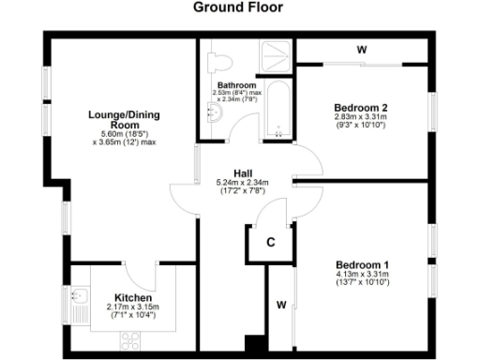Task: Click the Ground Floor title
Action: point(239,7)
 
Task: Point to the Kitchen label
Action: point(131,297)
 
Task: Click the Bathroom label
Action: point(236,85)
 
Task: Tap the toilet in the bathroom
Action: point(217,61)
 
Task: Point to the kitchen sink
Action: point(81,304)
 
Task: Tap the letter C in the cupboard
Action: point(271,242)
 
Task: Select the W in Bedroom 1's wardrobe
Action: point(281,305)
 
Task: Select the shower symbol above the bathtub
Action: point(278,54)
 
